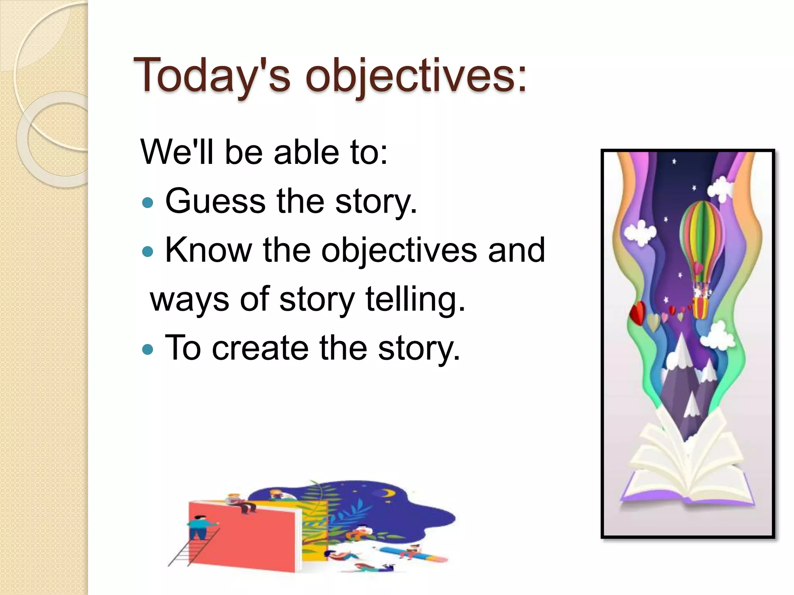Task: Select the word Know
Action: pyautogui.click(x=208, y=250)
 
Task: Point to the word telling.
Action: pyautogui.click(x=415, y=299)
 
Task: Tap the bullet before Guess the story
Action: pyautogui.click(x=148, y=203)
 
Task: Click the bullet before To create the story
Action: pyautogui.click(x=148, y=349)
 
